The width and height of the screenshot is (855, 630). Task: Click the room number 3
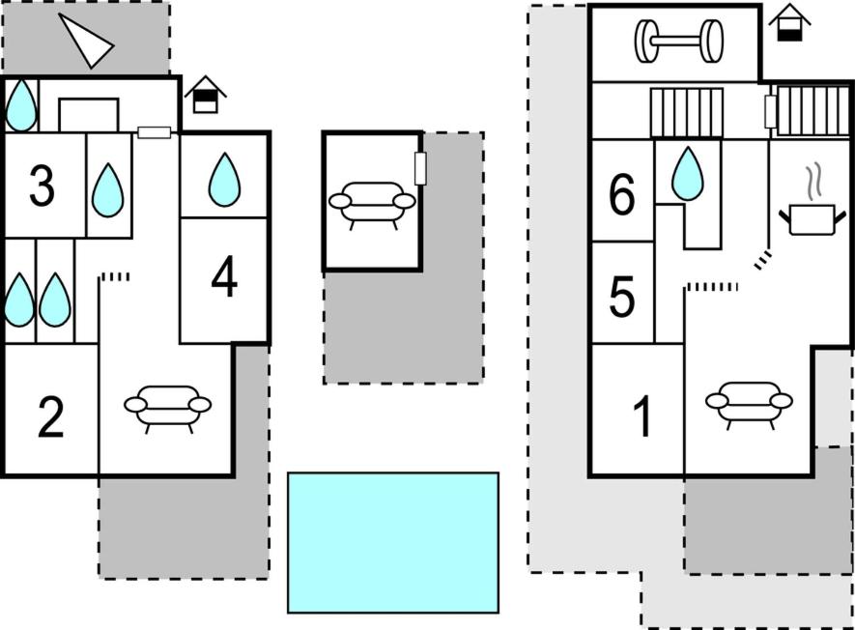[x=42, y=187]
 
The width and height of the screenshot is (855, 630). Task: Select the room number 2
[x=50, y=417]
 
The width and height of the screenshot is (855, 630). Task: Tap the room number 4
[x=224, y=280]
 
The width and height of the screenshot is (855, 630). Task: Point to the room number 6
[x=622, y=197]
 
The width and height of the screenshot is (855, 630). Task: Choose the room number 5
[x=622, y=298]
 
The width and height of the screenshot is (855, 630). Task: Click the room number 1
[x=641, y=416]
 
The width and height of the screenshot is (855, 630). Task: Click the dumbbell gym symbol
[x=678, y=42]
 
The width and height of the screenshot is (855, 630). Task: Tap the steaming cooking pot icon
[x=808, y=206]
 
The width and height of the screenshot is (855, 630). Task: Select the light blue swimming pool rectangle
[x=393, y=542]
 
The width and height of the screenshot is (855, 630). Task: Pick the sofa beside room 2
[x=167, y=407]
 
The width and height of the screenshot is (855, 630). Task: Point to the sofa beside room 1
[x=749, y=403]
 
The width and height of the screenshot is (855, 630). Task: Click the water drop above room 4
[x=224, y=179]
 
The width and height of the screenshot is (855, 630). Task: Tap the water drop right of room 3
[x=108, y=189]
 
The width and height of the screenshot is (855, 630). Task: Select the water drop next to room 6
[x=687, y=174]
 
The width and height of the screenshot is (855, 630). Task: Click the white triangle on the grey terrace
[x=88, y=40]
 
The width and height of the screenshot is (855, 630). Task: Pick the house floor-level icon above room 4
[x=205, y=96]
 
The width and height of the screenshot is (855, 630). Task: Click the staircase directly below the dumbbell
[x=687, y=112]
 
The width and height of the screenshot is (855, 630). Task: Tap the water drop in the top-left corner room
[x=20, y=105]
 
